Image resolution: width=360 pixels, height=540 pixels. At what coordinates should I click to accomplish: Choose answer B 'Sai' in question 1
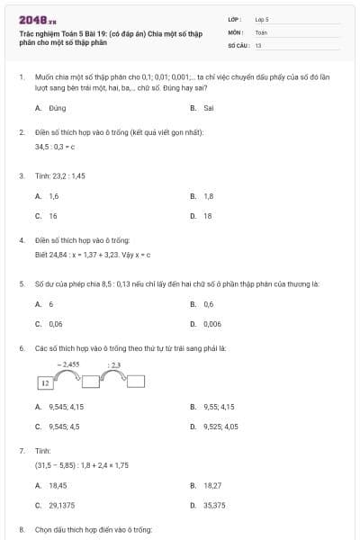(x=202, y=107)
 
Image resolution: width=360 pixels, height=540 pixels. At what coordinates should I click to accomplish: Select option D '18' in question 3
(x=202, y=216)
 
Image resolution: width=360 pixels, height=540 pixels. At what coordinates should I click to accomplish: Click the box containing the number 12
(x=44, y=382)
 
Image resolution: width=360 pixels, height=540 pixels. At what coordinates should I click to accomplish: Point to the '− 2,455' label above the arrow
(x=68, y=364)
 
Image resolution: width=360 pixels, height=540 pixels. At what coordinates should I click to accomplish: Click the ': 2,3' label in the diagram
(x=114, y=364)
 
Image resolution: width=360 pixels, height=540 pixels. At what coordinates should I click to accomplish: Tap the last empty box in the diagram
(x=136, y=382)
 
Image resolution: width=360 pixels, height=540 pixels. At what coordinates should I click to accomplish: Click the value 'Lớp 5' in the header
(x=262, y=18)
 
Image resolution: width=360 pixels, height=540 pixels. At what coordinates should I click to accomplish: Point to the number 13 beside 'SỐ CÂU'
(x=258, y=44)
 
